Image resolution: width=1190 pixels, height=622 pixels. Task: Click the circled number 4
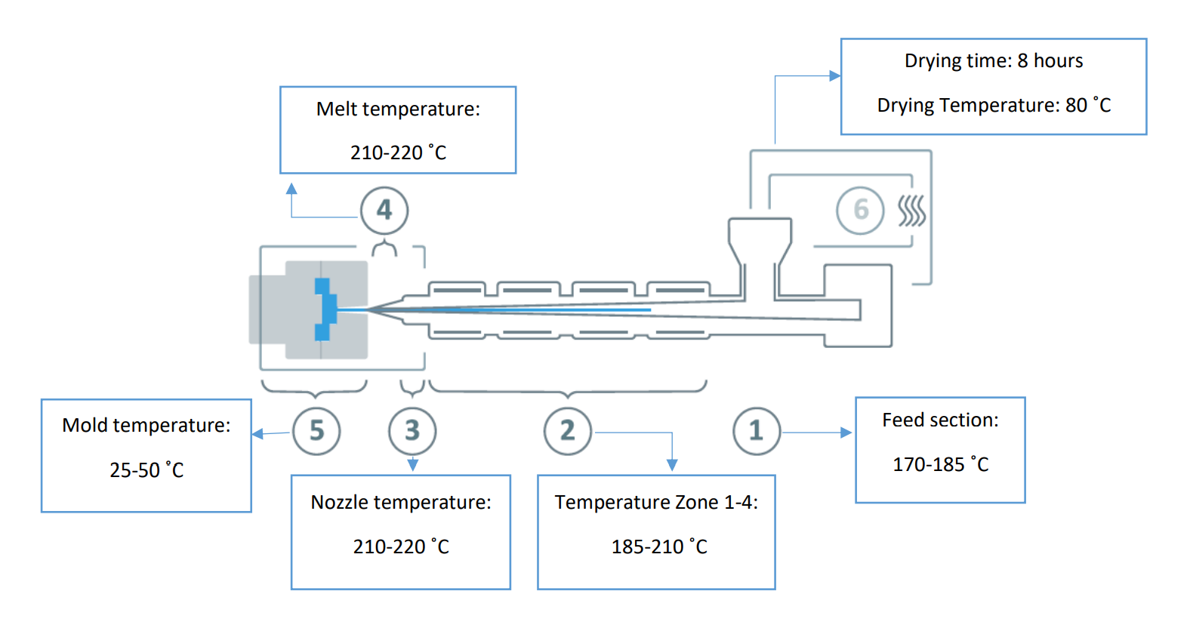pos(384,211)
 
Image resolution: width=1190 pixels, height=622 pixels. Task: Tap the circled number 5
pos(316,431)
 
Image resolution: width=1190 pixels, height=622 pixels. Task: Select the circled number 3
pos(412,431)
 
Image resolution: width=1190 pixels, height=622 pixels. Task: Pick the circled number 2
pos(568,431)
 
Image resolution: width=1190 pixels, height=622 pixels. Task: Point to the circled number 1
pos(757,431)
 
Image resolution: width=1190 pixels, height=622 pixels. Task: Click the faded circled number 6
pos(860,211)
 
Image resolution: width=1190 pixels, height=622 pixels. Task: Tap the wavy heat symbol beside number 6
pos(911,211)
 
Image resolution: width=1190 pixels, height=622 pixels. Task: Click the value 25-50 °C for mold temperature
pos(146,470)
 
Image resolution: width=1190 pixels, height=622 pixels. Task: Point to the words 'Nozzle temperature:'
pos(401,502)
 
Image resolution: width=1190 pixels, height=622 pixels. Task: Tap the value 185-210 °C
pos(659,547)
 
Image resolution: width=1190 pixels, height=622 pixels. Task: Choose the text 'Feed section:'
pos(940,420)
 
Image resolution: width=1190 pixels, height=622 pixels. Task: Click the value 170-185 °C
pos(940,464)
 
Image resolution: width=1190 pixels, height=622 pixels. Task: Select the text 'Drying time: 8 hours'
pos(994,61)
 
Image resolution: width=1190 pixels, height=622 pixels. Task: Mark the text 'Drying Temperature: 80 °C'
pos(994,105)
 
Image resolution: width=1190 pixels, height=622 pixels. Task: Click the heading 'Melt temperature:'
pos(398,109)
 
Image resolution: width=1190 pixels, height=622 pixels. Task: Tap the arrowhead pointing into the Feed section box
pos(846,433)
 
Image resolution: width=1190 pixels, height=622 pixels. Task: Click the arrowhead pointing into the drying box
pos(834,75)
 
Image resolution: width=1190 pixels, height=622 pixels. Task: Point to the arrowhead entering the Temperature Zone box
pos(672,465)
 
